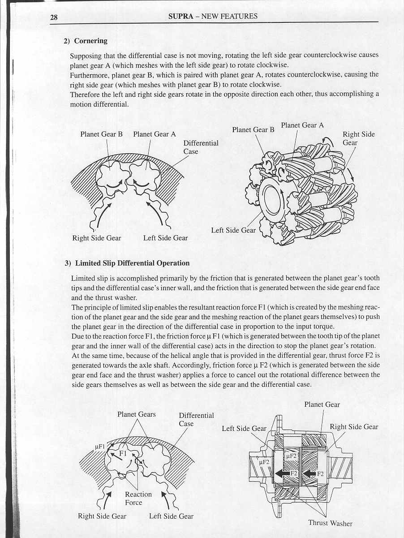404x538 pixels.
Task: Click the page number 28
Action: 54,17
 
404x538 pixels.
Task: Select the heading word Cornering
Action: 90,41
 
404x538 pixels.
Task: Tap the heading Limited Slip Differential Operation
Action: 132,263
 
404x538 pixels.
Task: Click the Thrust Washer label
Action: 330,523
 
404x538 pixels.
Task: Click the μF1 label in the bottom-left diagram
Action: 99,447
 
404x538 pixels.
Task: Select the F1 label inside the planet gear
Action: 123,453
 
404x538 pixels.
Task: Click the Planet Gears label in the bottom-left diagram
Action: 137,414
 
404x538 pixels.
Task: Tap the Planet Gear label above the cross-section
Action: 322,405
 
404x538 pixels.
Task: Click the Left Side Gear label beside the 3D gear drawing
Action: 233,230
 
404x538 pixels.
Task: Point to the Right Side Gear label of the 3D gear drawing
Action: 358,138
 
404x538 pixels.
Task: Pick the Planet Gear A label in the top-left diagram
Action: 155,134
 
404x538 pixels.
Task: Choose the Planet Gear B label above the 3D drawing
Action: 253,129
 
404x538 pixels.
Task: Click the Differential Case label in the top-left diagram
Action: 201,147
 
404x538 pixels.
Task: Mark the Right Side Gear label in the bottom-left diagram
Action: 102,516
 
